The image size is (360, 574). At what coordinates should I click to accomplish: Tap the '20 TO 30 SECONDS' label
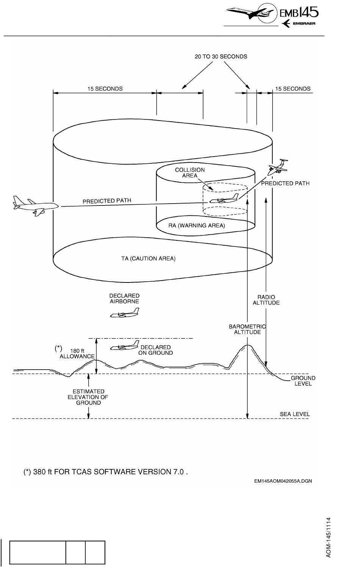coord(221,56)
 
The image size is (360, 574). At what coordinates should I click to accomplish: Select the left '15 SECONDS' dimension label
coord(105,89)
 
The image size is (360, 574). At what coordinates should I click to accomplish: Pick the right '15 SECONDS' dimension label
coord(293,89)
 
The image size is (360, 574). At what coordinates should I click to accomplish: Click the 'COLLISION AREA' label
coord(190,173)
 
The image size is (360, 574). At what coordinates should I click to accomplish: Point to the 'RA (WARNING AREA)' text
coord(196,226)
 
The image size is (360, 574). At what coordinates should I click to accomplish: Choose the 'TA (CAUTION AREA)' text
coord(148,259)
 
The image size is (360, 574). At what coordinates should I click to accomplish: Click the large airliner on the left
coord(35,206)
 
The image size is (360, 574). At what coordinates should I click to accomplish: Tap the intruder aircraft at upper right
coord(277,167)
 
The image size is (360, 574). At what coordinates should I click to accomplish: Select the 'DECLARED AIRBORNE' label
coord(124,298)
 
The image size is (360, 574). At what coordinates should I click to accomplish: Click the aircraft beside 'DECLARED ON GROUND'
coord(125,346)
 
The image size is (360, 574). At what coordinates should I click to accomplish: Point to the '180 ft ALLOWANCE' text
coord(77,354)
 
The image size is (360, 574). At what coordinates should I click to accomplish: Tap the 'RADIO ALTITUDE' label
coord(266,300)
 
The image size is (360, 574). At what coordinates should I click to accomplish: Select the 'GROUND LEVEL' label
coord(303,381)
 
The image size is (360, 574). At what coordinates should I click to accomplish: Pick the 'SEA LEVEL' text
coord(294,414)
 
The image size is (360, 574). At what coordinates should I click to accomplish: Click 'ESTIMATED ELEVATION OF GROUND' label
coord(88,397)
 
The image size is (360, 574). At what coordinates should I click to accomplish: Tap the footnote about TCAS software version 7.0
coord(106,472)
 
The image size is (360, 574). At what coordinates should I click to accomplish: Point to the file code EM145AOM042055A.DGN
coord(283,481)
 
